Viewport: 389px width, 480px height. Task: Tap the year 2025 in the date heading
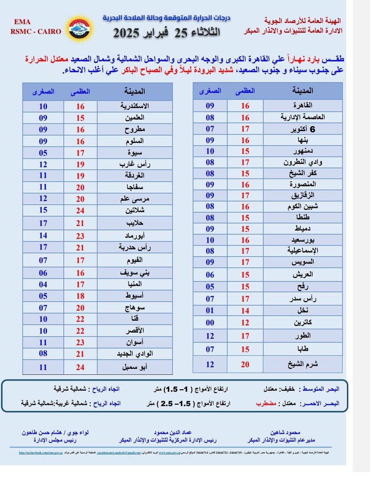tap(126, 33)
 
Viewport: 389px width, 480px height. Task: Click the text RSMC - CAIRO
tap(36, 31)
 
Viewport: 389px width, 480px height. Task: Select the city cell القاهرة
tap(303, 105)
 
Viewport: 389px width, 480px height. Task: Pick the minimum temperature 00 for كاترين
tap(210, 323)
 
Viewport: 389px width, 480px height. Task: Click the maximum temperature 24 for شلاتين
tap(80, 210)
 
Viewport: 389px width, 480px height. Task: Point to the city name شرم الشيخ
tap(303, 364)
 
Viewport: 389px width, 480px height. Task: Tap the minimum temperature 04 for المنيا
tap(43, 284)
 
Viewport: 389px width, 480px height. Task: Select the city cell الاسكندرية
tap(134, 106)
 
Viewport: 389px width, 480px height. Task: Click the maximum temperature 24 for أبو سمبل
tap(80, 367)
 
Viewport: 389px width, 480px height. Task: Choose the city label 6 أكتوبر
tap(303, 129)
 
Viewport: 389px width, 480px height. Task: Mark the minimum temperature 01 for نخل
tap(210, 310)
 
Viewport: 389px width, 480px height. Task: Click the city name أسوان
tap(134, 342)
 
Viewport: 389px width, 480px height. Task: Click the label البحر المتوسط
tap(321, 389)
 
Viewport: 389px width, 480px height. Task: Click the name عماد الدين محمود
tap(173, 432)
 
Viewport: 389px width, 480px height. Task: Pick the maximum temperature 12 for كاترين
tap(245, 323)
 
